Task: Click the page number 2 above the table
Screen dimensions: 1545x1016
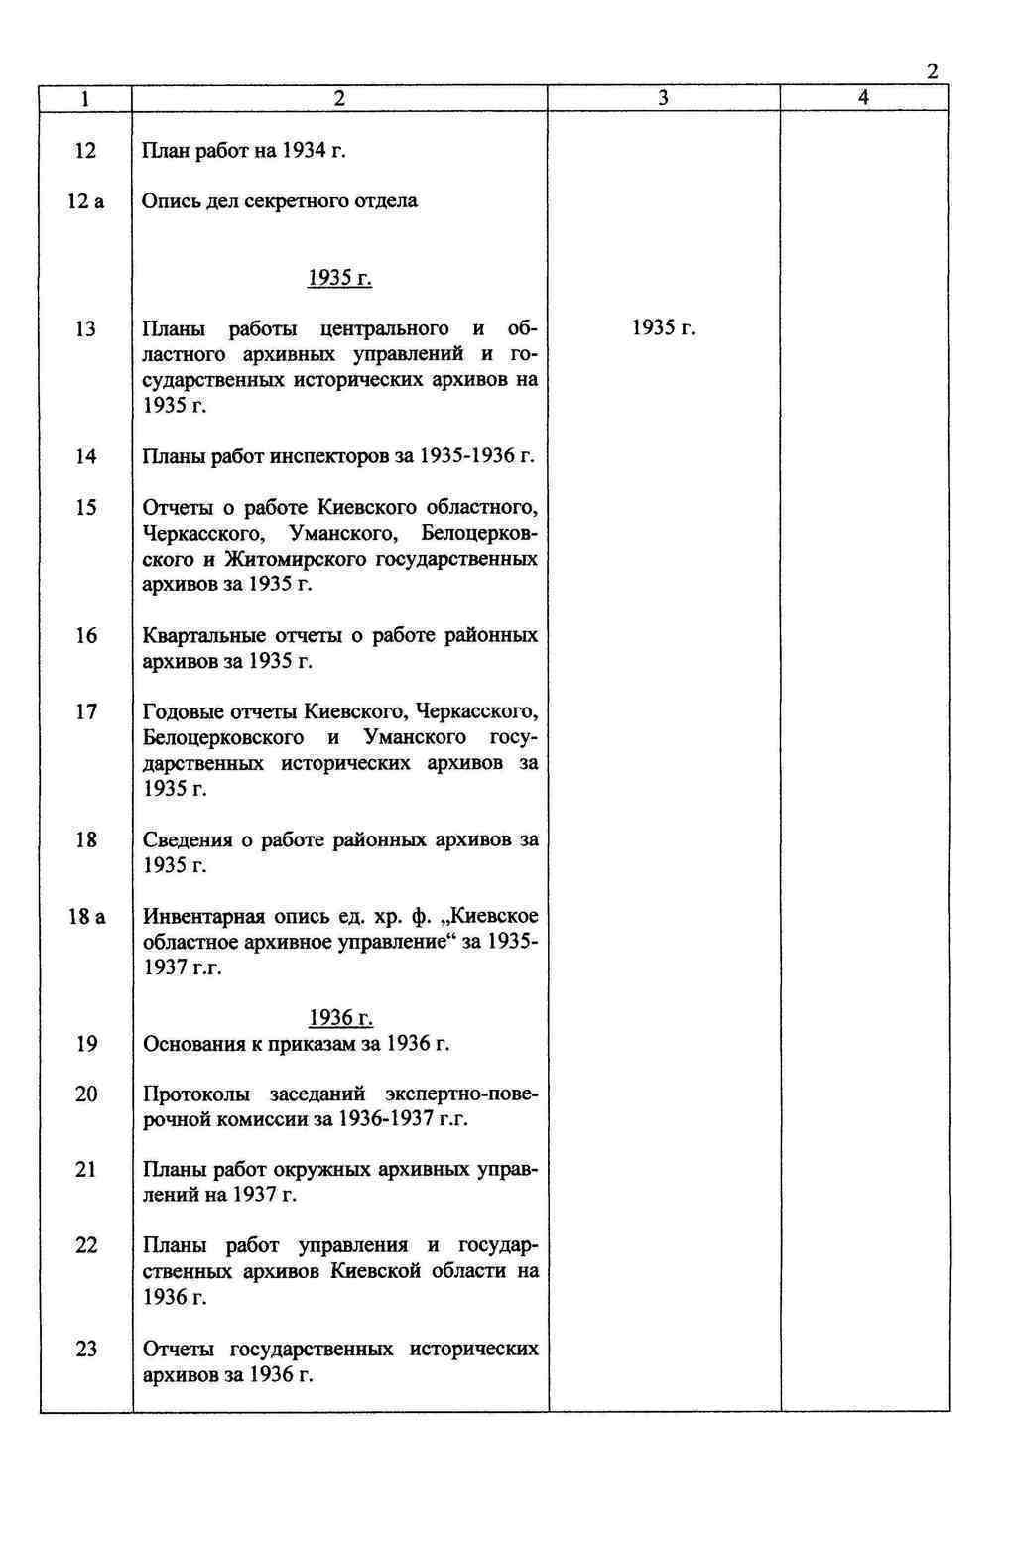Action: point(932,71)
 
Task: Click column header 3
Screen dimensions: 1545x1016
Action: point(663,97)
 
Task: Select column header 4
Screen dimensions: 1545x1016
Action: point(863,97)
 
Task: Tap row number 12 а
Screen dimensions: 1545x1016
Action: point(85,201)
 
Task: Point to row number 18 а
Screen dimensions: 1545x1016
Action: point(86,916)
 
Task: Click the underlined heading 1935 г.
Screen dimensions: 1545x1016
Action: point(339,278)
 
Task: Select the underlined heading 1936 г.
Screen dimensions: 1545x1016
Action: point(340,1018)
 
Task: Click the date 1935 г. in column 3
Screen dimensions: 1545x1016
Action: point(663,328)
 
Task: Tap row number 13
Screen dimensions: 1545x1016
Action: point(86,328)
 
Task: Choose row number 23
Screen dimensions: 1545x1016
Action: point(86,1349)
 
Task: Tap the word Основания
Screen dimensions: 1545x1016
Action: point(193,1044)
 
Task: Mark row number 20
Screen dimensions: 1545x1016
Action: point(86,1094)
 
